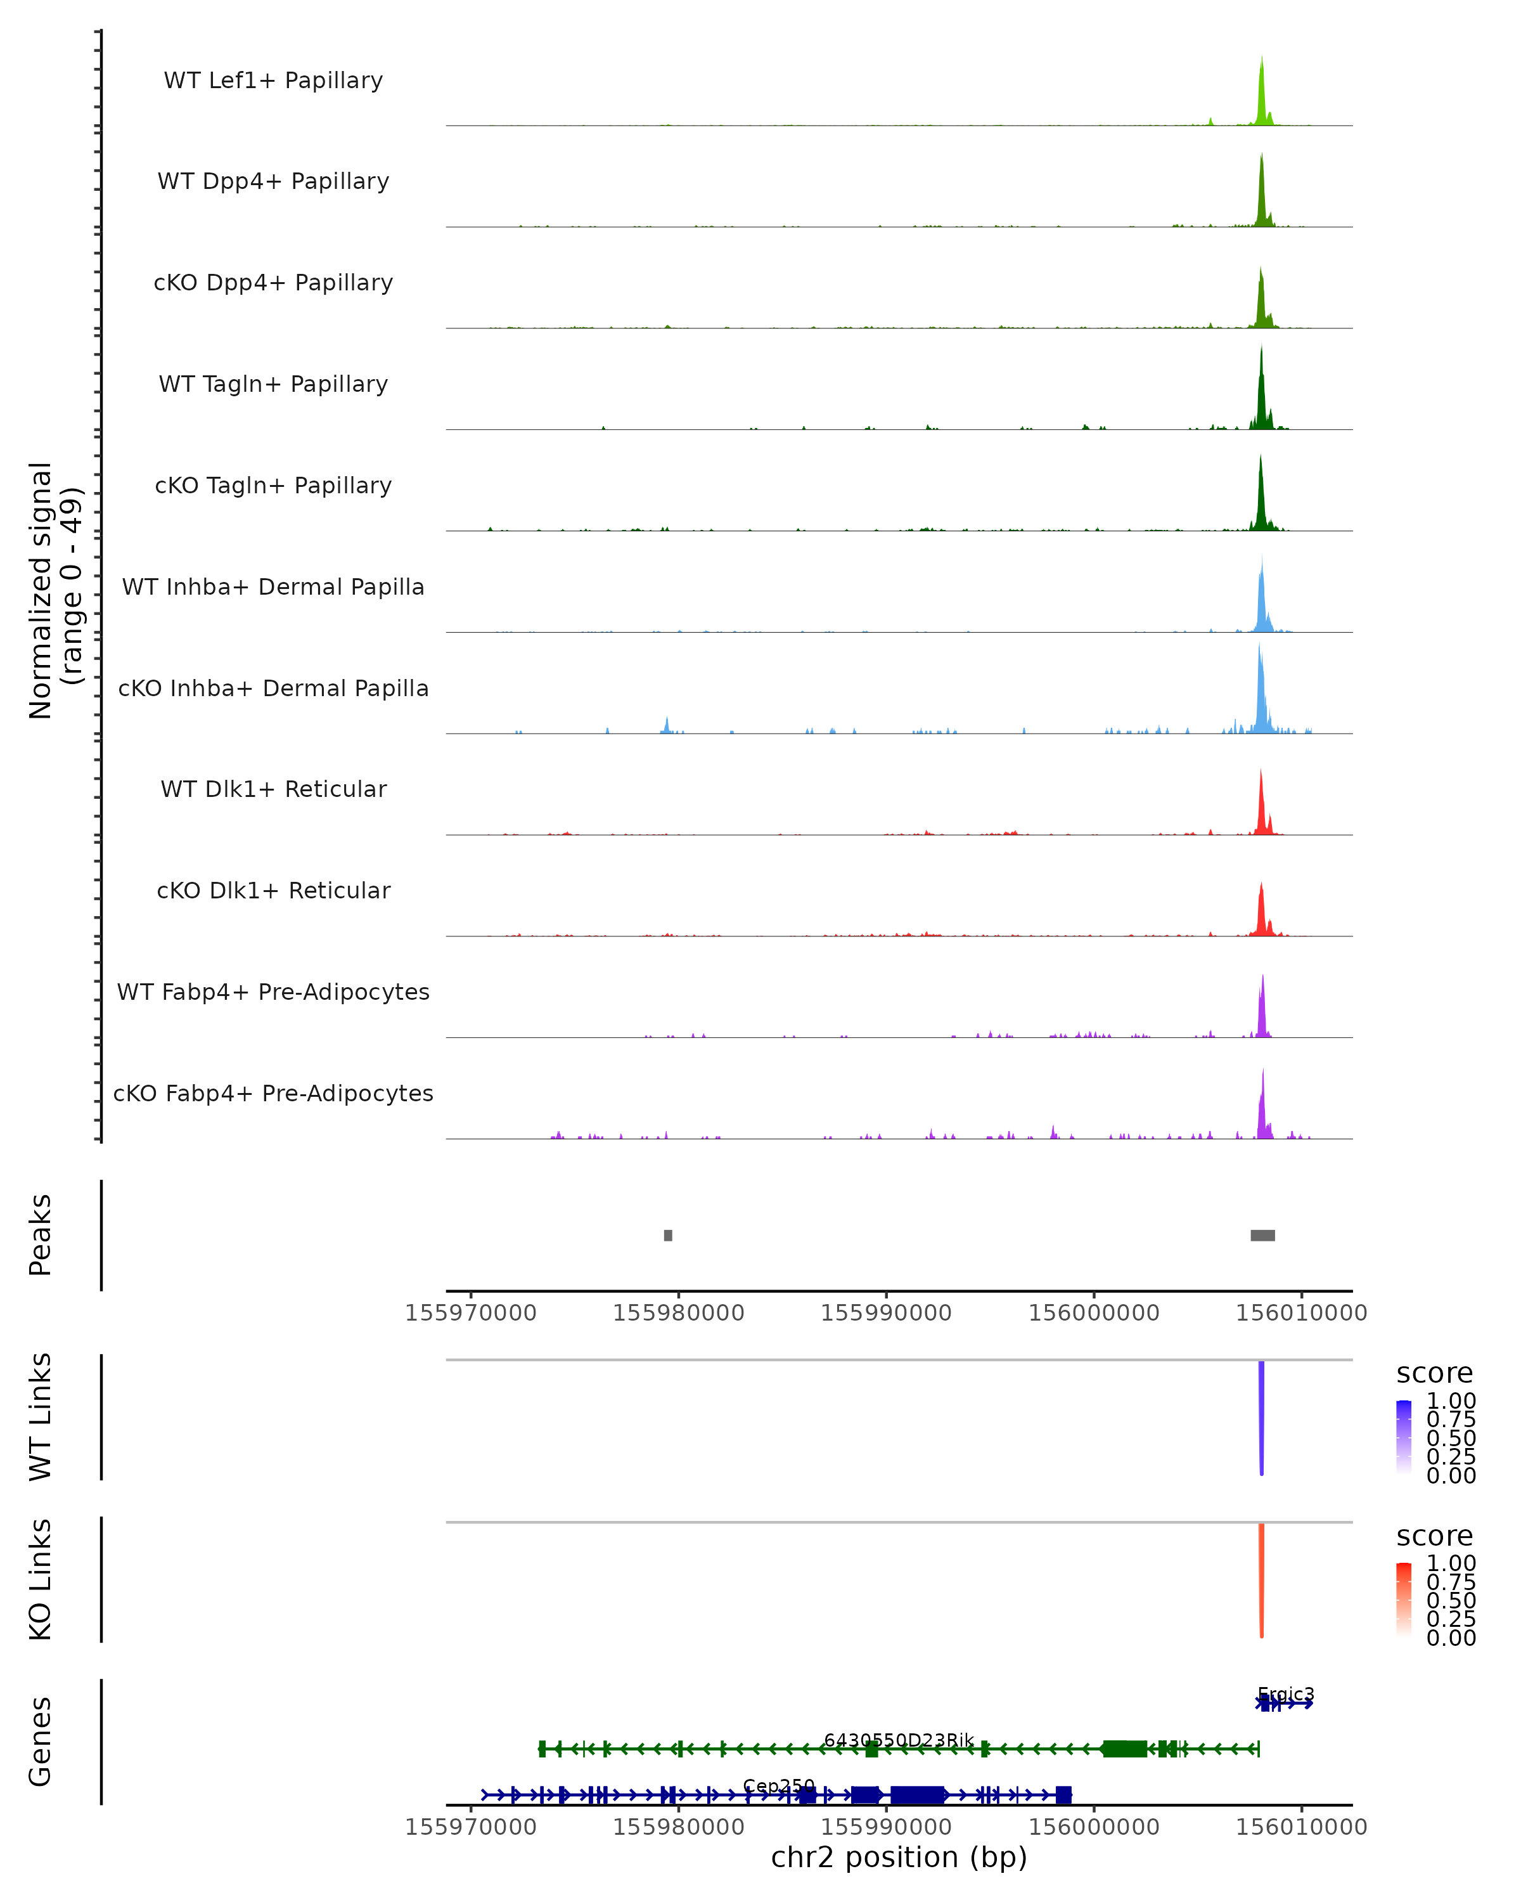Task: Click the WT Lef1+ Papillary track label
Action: (x=273, y=81)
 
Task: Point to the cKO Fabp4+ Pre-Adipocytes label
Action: (x=273, y=1093)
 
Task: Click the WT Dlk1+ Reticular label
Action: (x=273, y=789)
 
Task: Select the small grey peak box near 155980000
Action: (x=669, y=1235)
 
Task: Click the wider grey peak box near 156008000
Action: (x=1262, y=1235)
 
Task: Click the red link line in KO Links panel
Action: (x=1262, y=1580)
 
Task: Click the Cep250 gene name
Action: (x=779, y=1785)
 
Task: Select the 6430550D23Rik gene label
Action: (x=899, y=1740)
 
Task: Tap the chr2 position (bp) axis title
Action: (x=899, y=1857)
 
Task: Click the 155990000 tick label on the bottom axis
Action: (x=886, y=1826)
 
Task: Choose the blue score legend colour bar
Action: (x=1404, y=1437)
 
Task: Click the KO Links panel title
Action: (x=41, y=1579)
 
